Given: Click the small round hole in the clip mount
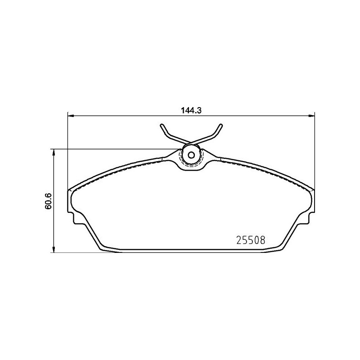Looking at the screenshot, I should coord(191,156).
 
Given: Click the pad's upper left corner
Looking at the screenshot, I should coord(70,190).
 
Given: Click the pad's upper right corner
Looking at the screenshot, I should coord(312,190).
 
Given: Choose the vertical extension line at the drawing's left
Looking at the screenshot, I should coord(67,148).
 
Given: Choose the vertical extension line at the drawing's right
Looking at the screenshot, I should coord(314,148).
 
